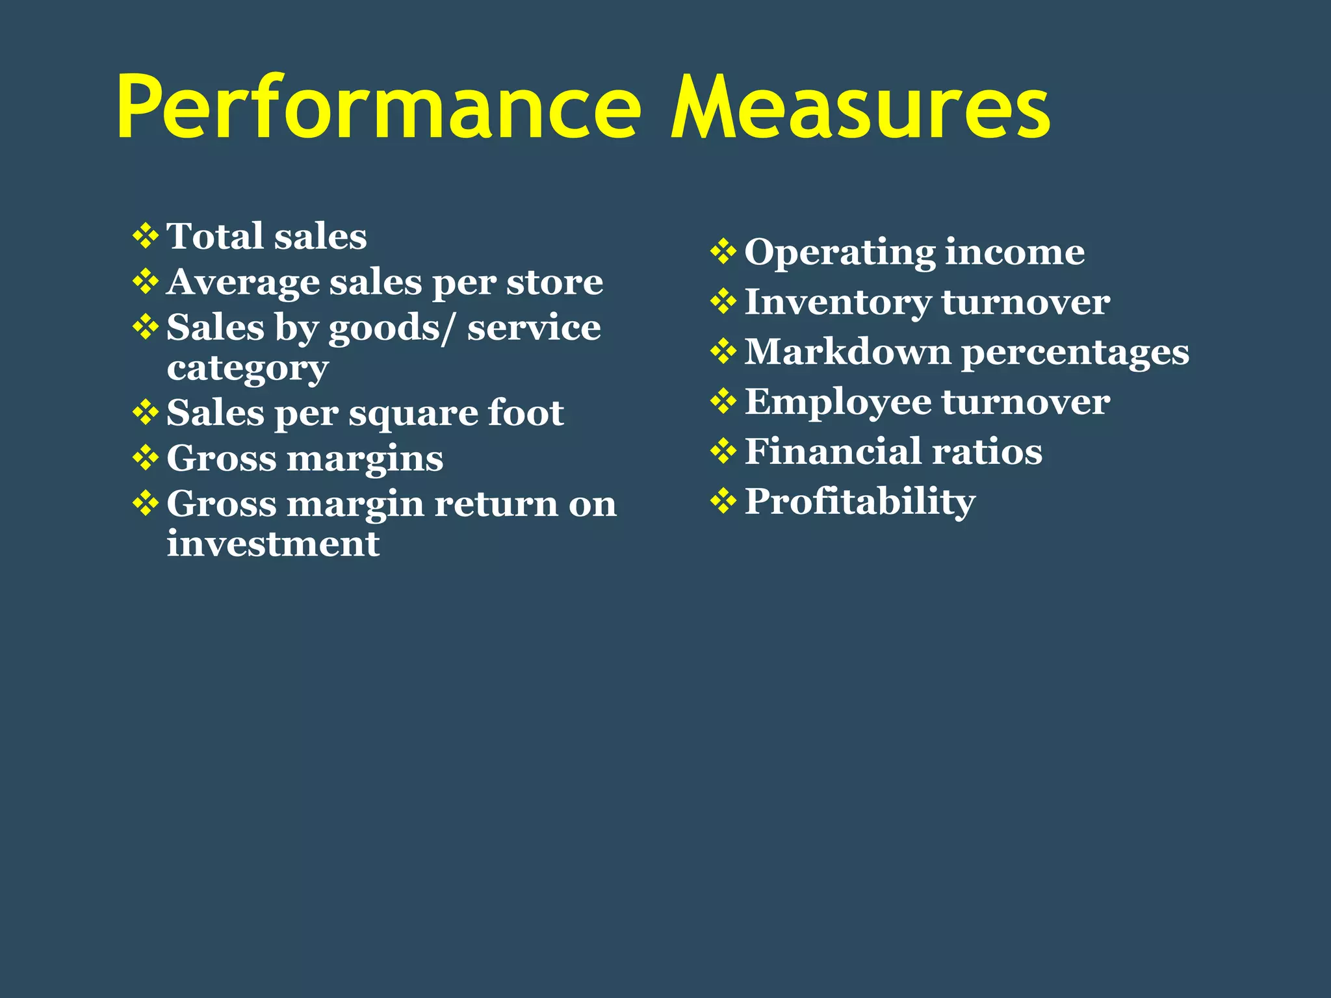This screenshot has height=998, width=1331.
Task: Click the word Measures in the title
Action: click(860, 107)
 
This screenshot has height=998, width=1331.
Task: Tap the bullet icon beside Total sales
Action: click(146, 236)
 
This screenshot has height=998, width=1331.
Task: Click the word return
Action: click(496, 504)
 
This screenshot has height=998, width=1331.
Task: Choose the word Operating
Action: click(840, 253)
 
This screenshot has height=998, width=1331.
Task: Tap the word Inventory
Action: click(838, 303)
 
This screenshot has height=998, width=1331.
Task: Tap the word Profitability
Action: click(860, 502)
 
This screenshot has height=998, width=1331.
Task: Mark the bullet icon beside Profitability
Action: click(723, 501)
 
